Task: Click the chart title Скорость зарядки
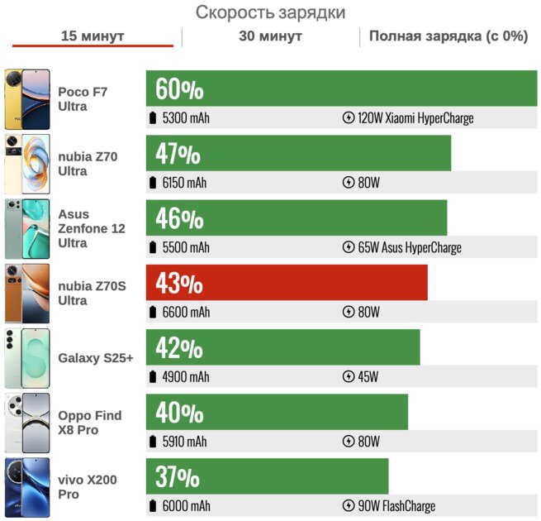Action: [x=270, y=12]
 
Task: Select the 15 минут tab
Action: [x=93, y=36]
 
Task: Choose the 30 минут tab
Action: [x=270, y=36]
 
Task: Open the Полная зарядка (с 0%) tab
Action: [x=448, y=36]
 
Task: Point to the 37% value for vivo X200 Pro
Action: [x=177, y=476]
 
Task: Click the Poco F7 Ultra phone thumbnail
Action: [x=26, y=99]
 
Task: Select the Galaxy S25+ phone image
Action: [x=26, y=358]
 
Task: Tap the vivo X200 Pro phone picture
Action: [x=26, y=487]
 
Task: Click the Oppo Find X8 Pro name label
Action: [x=89, y=423]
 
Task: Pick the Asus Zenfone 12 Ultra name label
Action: [x=91, y=228]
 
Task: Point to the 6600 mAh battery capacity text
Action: [x=186, y=312]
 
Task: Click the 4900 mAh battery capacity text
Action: [x=186, y=376]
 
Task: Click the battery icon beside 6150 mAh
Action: [x=152, y=183]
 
